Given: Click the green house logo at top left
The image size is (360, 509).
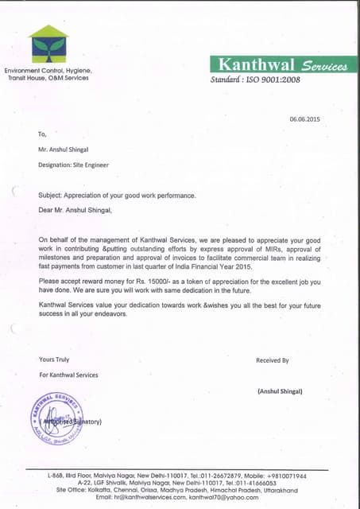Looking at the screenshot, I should (x=48, y=45).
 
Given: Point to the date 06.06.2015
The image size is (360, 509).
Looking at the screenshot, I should (x=304, y=119).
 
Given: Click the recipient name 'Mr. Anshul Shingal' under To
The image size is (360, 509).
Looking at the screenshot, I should (x=64, y=150).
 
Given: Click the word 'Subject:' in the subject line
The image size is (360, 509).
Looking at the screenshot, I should (x=52, y=195).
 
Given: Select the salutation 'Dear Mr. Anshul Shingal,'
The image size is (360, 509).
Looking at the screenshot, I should (x=81, y=210).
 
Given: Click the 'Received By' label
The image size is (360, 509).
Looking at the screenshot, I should (x=273, y=360).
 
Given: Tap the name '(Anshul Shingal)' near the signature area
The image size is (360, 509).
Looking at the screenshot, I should (x=280, y=391).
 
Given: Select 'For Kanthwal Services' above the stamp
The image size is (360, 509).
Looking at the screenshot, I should (x=68, y=375).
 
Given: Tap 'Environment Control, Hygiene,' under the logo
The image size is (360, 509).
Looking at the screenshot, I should (x=48, y=71).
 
